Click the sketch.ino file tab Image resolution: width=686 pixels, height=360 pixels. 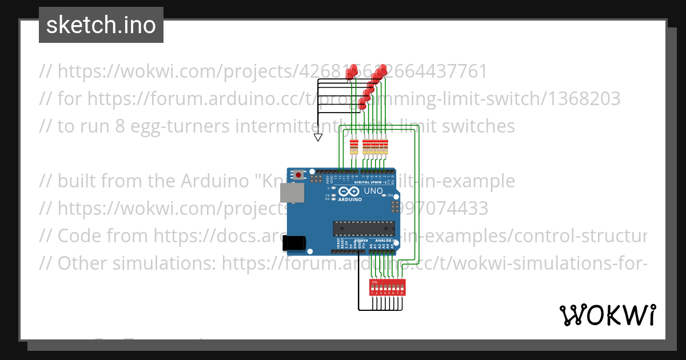click(101, 25)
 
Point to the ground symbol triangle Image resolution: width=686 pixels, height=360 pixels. click(318, 137)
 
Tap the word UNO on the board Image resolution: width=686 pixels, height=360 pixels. click(373, 191)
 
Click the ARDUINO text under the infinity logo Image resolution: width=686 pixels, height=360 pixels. click(350, 200)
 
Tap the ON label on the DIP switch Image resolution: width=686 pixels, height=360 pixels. click(374, 282)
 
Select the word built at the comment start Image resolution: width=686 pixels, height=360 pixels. click(78, 181)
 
